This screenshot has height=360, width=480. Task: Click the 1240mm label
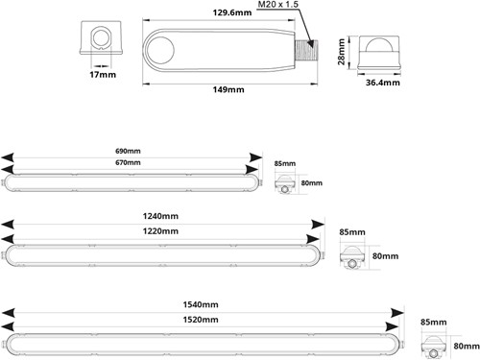tap(159, 218)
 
